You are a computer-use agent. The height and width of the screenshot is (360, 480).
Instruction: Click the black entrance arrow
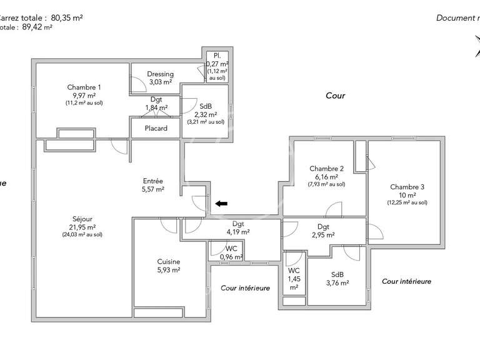[x=222, y=203]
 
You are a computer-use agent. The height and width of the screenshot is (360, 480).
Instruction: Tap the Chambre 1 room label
[x=84, y=87]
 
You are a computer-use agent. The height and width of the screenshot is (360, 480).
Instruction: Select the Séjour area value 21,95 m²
[x=82, y=227]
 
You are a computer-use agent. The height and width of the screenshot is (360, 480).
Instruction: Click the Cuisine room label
[x=169, y=262]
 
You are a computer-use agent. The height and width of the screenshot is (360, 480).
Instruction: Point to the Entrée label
[x=152, y=181]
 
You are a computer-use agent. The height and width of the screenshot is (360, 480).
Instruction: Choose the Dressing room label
[x=160, y=74]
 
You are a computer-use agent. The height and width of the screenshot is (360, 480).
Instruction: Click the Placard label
[x=156, y=129]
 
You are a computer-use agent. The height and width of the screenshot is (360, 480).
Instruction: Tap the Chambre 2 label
[x=326, y=169]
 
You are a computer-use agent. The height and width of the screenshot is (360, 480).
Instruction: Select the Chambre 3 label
[x=407, y=187]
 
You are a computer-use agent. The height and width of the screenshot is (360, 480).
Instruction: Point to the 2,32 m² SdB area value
[x=205, y=115]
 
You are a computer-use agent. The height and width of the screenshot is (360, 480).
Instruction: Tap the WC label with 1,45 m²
[x=294, y=271]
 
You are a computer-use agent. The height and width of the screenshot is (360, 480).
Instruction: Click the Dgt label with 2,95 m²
[x=323, y=227]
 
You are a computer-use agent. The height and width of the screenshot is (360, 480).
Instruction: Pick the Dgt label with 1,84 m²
[x=156, y=99]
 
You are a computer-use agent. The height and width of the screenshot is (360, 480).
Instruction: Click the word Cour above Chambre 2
[x=335, y=96]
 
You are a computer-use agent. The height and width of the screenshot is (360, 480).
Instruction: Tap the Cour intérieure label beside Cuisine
[x=245, y=288]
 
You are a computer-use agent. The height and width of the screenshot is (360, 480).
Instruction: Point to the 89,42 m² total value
[x=37, y=27]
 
